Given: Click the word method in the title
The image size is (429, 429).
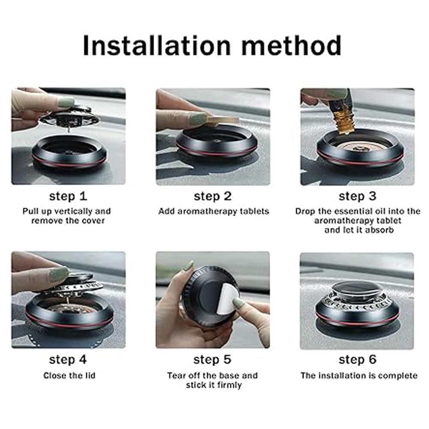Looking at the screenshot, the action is pyautogui.click(x=291, y=46).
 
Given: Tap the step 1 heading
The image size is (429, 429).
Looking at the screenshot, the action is pyautogui.click(x=68, y=196).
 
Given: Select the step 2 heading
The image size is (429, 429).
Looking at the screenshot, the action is pyautogui.click(x=213, y=196).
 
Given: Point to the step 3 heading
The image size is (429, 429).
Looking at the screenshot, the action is pyautogui.click(x=357, y=196).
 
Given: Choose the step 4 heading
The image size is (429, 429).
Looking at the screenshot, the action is pyautogui.click(x=68, y=360).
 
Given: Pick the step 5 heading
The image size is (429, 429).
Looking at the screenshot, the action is pyautogui.click(x=212, y=360).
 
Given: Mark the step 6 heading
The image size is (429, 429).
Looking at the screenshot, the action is pyautogui.click(x=357, y=360).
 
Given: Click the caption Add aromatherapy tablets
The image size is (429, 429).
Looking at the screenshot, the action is pyautogui.click(x=214, y=211).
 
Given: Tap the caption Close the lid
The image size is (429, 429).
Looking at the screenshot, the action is pyautogui.click(x=69, y=375).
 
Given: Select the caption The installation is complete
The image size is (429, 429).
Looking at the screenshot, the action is pyautogui.click(x=359, y=376).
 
